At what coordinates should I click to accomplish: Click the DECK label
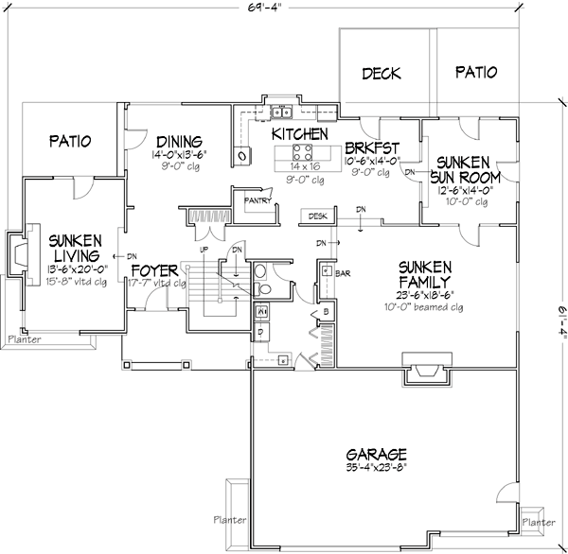381,73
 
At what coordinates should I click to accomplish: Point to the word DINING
180,135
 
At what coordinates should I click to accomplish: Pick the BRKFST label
371,147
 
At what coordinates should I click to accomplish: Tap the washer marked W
262,310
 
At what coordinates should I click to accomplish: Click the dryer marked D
261,334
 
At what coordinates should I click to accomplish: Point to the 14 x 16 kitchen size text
304,165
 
